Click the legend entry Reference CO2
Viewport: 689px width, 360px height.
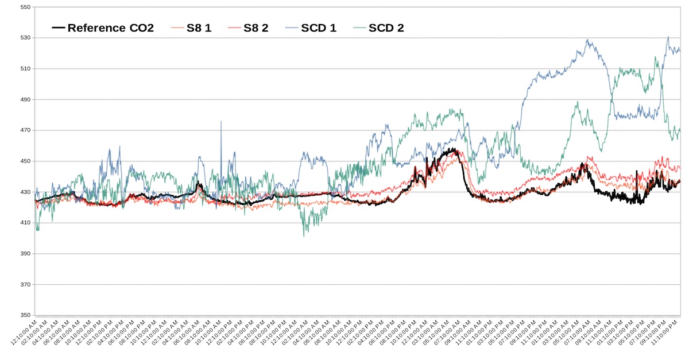point(110,28)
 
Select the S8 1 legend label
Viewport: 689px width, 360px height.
point(199,28)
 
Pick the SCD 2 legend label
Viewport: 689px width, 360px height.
point(386,28)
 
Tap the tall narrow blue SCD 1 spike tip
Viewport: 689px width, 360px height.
point(221,121)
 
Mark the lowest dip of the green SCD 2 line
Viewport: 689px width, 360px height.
point(304,235)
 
